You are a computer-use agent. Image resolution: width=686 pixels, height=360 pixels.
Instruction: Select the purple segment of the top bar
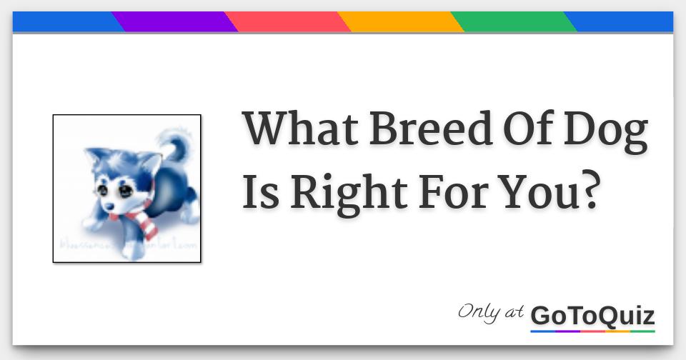point(175,22)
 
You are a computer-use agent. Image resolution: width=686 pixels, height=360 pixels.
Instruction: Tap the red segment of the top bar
point(288,22)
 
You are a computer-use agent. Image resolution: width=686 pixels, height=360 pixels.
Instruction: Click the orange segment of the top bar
point(401,22)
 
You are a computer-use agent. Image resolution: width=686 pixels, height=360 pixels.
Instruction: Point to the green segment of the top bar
point(514,22)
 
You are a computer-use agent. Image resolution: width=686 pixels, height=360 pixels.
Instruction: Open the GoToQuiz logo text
point(592,314)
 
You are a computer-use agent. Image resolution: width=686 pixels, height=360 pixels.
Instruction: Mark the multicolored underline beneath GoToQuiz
point(592,331)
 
